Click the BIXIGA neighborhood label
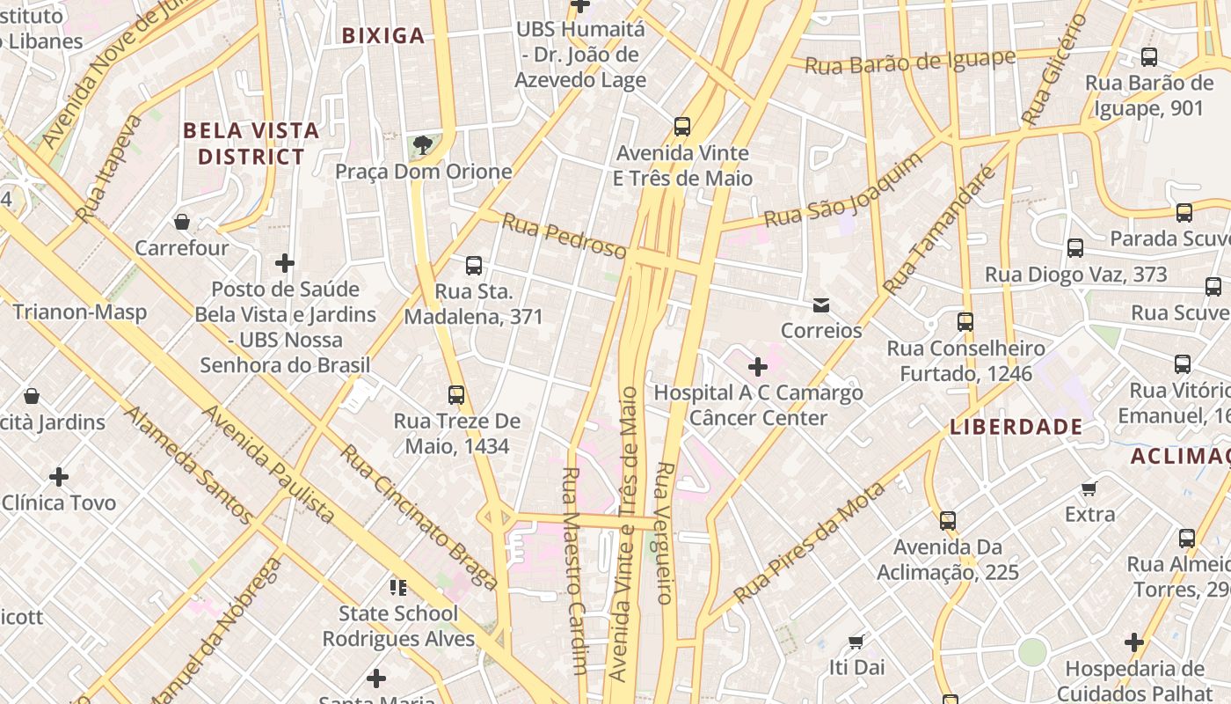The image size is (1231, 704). pyautogui.click(x=382, y=36)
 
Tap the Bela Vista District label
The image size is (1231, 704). pyautogui.click(x=251, y=143)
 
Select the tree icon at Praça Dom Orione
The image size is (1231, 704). pyautogui.click(x=423, y=144)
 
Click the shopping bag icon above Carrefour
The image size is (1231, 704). pyautogui.click(x=182, y=222)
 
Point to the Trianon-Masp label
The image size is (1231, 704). pyautogui.click(x=79, y=312)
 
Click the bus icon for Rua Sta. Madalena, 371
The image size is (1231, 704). pyautogui.click(x=474, y=265)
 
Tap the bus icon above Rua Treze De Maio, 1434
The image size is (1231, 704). pyautogui.click(x=456, y=395)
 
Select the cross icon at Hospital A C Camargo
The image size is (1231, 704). pyautogui.click(x=758, y=366)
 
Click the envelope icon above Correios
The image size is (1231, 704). pyautogui.click(x=821, y=305)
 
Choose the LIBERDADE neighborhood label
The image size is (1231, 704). pyautogui.click(x=1016, y=427)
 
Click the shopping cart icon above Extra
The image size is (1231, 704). pyautogui.click(x=1089, y=488)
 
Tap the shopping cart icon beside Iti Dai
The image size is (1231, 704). pyautogui.click(x=856, y=642)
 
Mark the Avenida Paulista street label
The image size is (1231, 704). pyautogui.click(x=269, y=464)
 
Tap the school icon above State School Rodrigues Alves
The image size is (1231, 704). pyautogui.click(x=398, y=587)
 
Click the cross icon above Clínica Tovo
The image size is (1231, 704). pyautogui.click(x=59, y=477)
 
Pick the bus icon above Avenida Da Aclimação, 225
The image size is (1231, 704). pyautogui.click(x=947, y=520)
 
